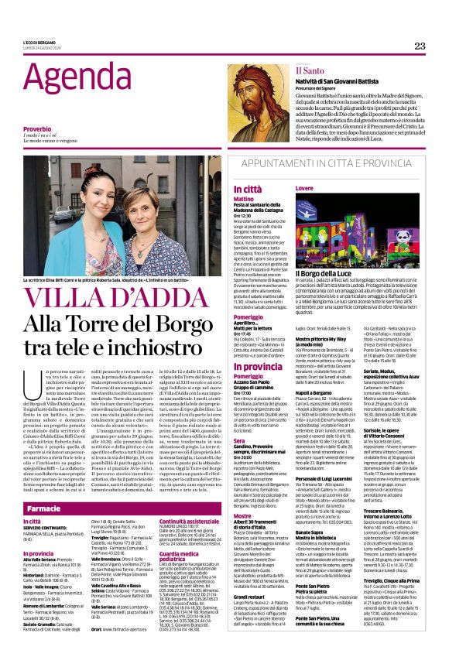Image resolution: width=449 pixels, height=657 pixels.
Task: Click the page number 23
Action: coord(420,46)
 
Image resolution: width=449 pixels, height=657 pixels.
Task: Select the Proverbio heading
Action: coord(37,128)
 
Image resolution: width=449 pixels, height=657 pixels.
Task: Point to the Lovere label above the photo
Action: coord(304,189)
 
